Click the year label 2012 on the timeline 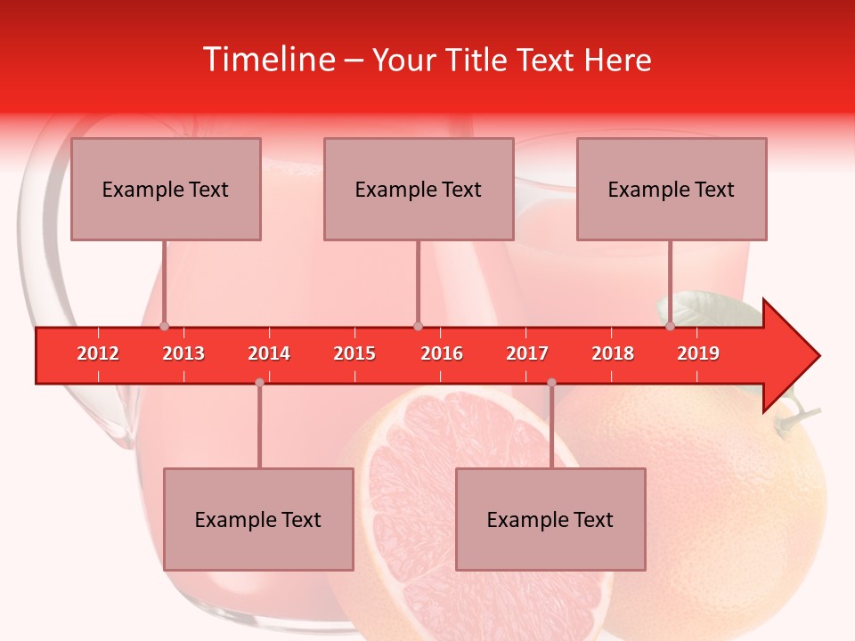[x=98, y=353]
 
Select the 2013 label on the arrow [x=183, y=353]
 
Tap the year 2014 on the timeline [x=269, y=353]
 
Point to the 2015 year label [x=354, y=353]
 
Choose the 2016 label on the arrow [x=442, y=353]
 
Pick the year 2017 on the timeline [x=527, y=353]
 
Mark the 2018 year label [x=613, y=353]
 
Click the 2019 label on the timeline [x=698, y=353]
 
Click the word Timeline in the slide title [x=267, y=60]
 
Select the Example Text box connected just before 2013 [x=166, y=189]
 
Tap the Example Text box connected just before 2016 [x=419, y=189]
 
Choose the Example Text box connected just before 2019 [x=672, y=189]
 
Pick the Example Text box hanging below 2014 [x=258, y=519]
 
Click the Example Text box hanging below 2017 [x=550, y=519]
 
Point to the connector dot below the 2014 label [x=259, y=382]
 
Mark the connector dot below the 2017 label [x=551, y=382]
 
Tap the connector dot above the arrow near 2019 [x=670, y=326]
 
